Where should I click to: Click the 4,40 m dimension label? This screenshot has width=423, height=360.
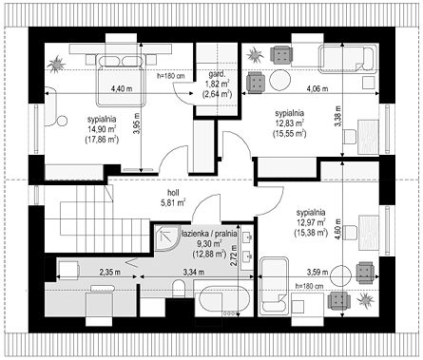[122, 88]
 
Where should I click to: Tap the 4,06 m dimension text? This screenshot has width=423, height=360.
[317, 88]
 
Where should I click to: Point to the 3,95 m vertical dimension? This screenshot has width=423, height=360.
[136, 123]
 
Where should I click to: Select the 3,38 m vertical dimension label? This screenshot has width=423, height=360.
[338, 116]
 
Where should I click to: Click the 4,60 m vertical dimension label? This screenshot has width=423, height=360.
[338, 230]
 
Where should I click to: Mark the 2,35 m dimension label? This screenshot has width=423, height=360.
[110, 272]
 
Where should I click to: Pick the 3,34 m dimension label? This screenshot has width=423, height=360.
[194, 272]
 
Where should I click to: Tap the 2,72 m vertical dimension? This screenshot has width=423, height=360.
[234, 256]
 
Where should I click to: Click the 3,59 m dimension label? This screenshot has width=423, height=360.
[317, 272]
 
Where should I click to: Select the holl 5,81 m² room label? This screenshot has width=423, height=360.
[173, 198]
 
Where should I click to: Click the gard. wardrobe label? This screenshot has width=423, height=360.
[217, 75]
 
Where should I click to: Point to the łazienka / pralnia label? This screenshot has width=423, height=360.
[209, 234]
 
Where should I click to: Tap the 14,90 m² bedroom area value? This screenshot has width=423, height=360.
[102, 129]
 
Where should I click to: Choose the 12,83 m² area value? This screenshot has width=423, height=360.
[290, 123]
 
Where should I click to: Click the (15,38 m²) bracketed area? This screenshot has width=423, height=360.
[311, 233]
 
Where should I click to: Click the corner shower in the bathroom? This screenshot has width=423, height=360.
[167, 237]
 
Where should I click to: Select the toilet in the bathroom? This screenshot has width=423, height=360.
[179, 288]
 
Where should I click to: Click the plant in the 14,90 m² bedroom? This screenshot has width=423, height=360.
[57, 65]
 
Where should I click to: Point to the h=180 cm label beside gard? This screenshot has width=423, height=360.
[171, 76]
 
